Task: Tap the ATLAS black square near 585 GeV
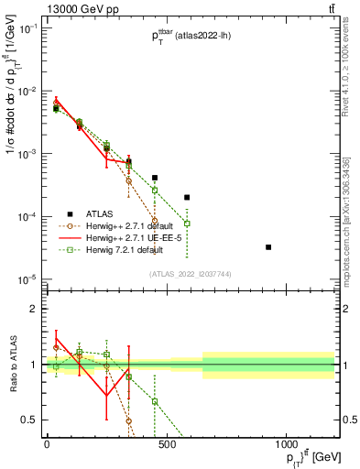(187, 197)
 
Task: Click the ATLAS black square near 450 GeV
(155, 178)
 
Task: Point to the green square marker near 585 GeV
(187, 224)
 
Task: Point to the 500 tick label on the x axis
(167, 446)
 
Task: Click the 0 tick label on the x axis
(47, 446)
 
